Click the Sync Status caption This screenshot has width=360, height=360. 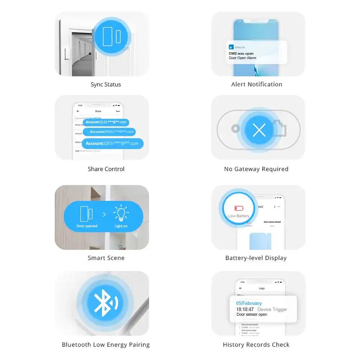click(x=105, y=85)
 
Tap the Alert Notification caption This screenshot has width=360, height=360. click(x=257, y=85)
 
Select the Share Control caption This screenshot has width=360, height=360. click(x=106, y=169)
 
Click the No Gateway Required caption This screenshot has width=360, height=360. click(x=256, y=169)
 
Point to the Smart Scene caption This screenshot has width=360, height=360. click(x=106, y=258)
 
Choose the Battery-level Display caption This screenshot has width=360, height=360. click(x=256, y=258)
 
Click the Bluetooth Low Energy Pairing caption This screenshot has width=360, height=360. click(x=105, y=345)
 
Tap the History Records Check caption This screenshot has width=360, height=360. click(x=256, y=345)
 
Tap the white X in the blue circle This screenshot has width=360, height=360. click(x=259, y=130)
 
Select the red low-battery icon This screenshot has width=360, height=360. click(x=239, y=208)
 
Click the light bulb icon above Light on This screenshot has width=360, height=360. click(x=121, y=214)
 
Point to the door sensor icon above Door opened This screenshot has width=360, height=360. click(x=86, y=214)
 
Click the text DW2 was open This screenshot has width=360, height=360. click(x=241, y=54)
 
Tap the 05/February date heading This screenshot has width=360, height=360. click(x=249, y=303)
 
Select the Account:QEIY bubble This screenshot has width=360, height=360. click(x=112, y=143)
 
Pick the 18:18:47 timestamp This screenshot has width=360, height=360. click(x=245, y=309)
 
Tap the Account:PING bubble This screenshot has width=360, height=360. click(x=109, y=132)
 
